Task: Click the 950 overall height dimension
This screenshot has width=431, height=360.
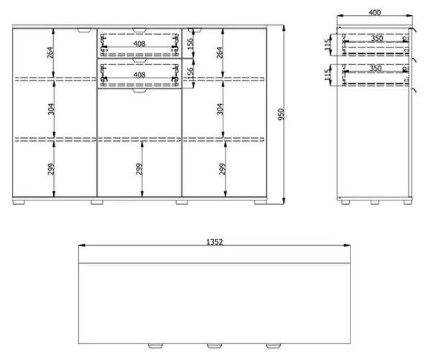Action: pos(281,114)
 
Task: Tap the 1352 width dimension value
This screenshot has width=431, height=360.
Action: pos(214,242)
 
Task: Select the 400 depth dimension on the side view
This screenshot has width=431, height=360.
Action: pos(375,13)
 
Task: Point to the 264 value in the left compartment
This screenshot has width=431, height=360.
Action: pos(51,52)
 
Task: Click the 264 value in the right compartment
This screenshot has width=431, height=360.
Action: pos(220,52)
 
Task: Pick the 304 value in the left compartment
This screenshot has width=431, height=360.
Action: pos(51,109)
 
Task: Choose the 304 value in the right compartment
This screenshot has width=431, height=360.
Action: pos(220,109)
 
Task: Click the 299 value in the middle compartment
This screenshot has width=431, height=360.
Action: pos(139,169)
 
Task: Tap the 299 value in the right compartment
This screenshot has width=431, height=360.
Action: pos(222,169)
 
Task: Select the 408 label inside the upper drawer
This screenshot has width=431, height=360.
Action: pos(139,44)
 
